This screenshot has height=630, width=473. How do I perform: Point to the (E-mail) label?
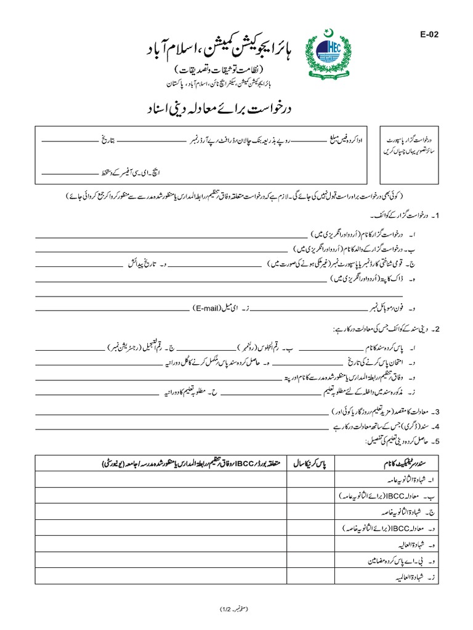211,306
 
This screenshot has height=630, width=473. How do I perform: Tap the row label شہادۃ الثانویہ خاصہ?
400,511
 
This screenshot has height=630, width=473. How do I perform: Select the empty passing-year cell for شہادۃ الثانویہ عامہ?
310,479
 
